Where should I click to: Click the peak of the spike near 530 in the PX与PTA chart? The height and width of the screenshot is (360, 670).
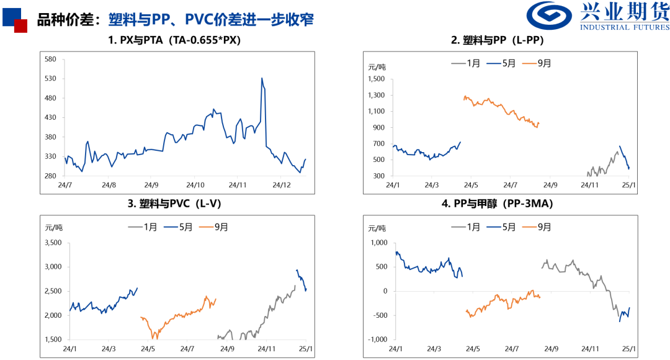click(x=262, y=78)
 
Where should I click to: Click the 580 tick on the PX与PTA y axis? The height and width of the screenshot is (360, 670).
click(x=51, y=60)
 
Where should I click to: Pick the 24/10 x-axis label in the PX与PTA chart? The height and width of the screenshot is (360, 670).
click(x=195, y=185)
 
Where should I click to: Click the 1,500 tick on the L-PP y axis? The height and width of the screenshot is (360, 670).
click(x=376, y=79)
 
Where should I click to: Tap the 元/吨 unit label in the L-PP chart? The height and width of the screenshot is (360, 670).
click(x=377, y=67)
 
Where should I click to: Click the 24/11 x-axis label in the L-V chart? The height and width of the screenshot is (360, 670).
click(x=269, y=349)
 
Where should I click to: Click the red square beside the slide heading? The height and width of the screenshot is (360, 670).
click(x=20, y=25)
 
